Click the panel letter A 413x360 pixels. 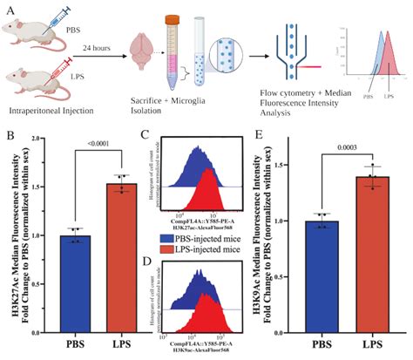[8, 8]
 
